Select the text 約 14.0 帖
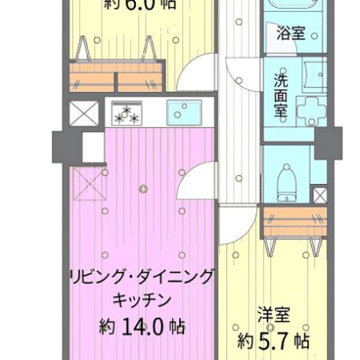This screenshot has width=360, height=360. [x=142, y=327]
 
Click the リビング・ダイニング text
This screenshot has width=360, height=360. [x=142, y=277]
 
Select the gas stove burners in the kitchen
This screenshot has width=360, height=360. [x=127, y=114]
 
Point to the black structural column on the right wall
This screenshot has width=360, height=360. [x=326, y=144]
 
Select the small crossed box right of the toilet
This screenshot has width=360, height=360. [x=319, y=194]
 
